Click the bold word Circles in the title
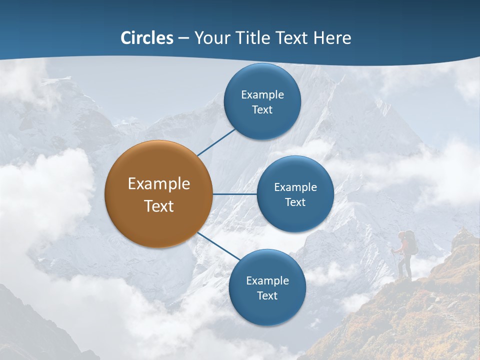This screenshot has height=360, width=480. pos(147,38)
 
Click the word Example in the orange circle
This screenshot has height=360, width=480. pos(158,184)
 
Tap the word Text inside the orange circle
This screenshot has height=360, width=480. pos(158,206)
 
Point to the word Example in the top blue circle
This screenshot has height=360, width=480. pos(262,95)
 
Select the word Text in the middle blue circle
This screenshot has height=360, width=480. pos(295,202)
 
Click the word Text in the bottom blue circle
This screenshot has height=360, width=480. pos(267,296)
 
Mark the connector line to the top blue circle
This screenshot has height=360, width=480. pos(216,142)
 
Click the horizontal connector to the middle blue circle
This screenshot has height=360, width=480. pos(234,194)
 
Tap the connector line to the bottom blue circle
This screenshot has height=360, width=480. pos(218,246)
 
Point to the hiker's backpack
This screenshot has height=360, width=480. pos(410,242)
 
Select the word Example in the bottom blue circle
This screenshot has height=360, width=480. pos(267,281)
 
